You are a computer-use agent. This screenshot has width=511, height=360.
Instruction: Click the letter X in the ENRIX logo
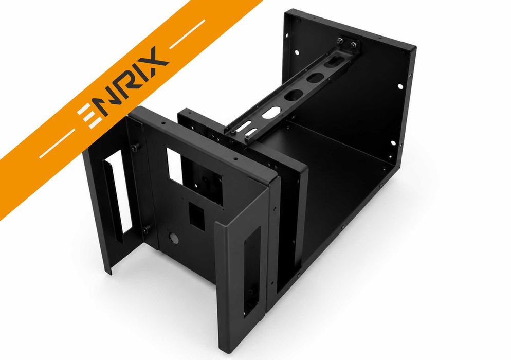click(153, 62)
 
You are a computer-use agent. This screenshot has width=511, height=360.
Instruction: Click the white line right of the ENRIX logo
click(188, 34)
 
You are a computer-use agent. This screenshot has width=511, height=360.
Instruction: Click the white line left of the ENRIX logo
click(58, 143)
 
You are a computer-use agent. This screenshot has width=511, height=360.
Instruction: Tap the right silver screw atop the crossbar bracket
click(353, 45)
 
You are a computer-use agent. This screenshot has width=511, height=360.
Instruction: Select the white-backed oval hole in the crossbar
click(271, 113)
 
